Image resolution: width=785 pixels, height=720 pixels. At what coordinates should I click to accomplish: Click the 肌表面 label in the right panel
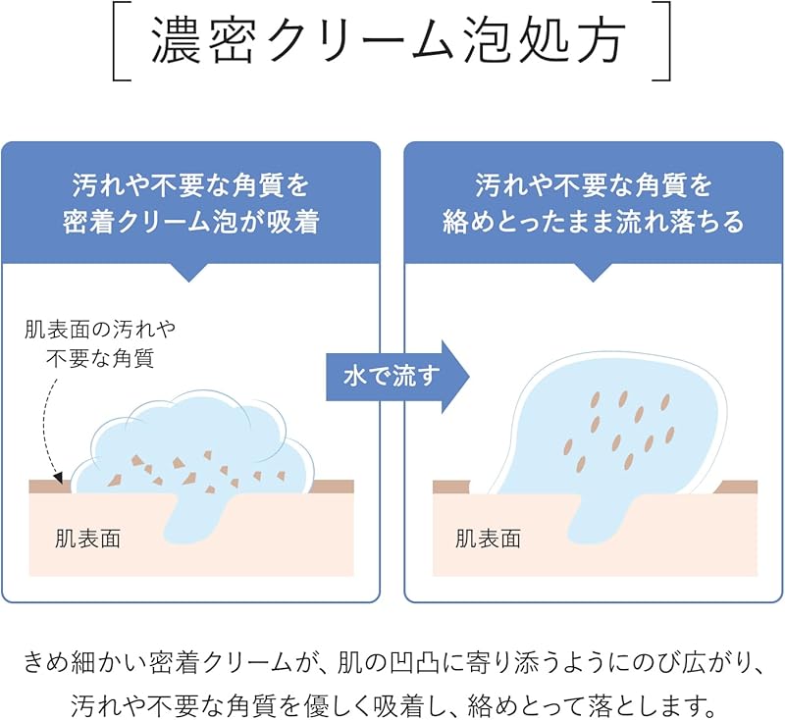tap(488, 538)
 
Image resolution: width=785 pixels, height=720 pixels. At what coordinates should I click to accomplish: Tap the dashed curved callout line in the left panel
tap(44, 422)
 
